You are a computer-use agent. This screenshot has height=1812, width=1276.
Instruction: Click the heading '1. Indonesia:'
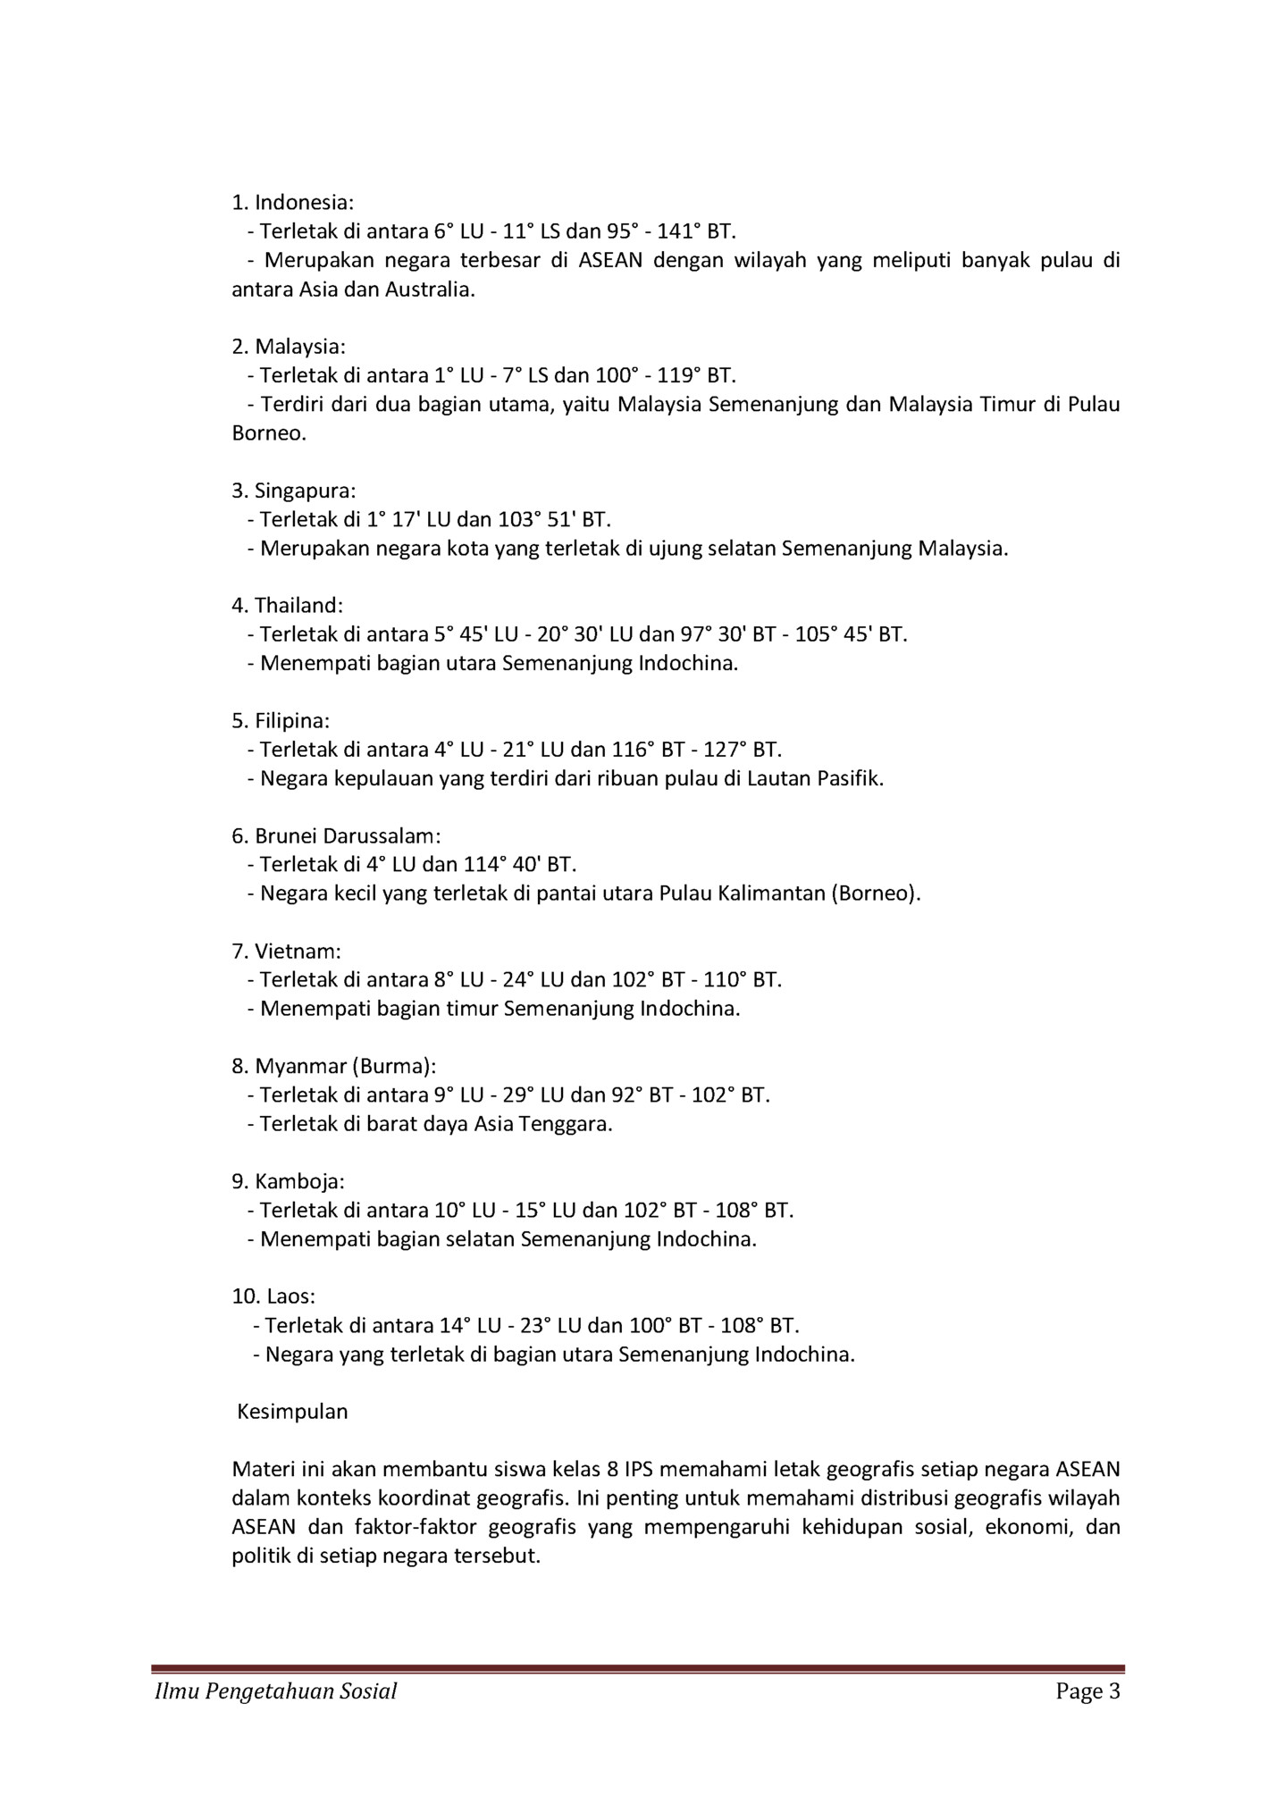(292, 203)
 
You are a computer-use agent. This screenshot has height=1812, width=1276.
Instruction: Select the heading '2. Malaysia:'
(288, 347)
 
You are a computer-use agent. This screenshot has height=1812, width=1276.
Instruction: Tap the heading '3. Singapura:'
(293, 491)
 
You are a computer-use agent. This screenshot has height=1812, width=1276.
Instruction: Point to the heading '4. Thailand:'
(287, 606)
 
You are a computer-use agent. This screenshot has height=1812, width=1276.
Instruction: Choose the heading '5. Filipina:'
(281, 721)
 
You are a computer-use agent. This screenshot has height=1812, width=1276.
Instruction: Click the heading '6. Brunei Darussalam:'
(336, 836)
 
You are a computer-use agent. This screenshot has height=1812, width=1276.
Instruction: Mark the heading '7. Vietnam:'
(286, 952)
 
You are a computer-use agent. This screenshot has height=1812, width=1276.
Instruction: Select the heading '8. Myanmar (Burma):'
(333, 1067)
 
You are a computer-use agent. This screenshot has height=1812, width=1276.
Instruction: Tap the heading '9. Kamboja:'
(288, 1182)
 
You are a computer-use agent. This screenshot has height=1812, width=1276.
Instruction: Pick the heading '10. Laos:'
(273, 1297)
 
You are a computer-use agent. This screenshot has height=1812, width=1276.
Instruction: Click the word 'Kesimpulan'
(292, 1413)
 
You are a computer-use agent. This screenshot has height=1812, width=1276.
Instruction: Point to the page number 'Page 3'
(1087, 1691)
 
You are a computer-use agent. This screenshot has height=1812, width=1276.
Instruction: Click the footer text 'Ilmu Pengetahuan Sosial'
(276, 1691)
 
